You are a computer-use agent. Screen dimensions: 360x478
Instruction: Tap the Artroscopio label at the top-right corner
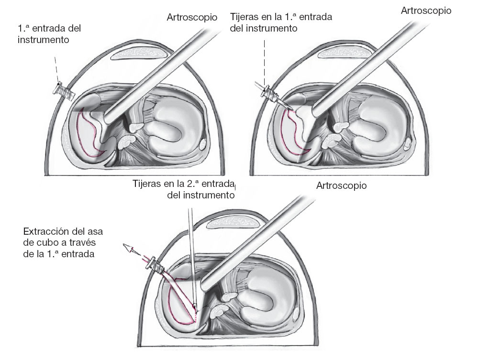427,11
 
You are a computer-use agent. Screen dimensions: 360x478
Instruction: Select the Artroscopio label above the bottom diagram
341,185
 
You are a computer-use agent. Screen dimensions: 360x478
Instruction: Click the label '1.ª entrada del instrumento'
49,34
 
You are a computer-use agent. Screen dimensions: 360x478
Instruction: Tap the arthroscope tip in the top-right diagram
316,112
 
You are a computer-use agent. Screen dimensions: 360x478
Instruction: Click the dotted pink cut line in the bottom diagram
196,316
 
